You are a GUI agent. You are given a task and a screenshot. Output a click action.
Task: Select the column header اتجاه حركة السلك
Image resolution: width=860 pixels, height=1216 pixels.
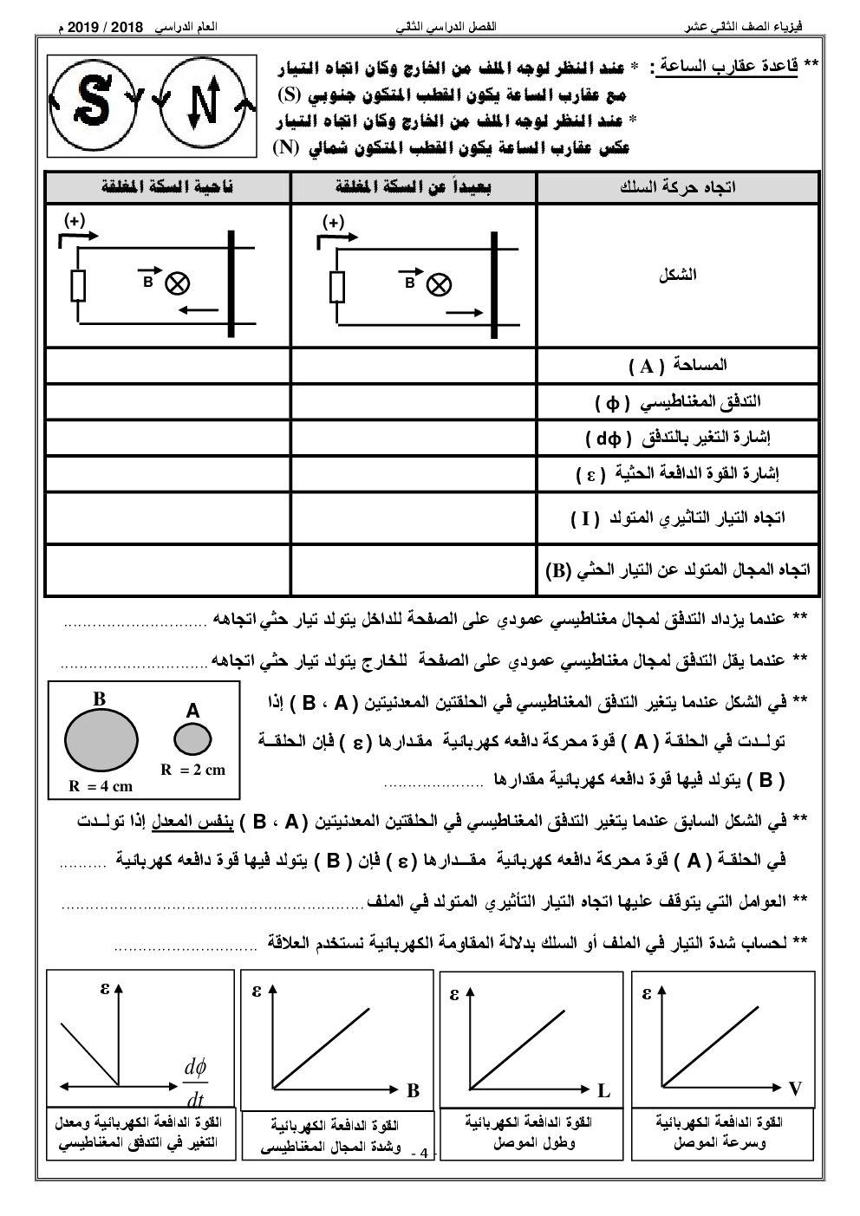coord(678,187)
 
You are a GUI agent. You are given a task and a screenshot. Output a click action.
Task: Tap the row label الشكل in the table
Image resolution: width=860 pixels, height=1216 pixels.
coord(678,275)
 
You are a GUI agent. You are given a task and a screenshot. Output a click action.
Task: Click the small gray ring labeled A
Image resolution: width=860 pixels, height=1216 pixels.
coord(192,739)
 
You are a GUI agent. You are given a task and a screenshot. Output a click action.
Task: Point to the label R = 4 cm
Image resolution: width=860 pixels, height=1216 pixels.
coord(101,786)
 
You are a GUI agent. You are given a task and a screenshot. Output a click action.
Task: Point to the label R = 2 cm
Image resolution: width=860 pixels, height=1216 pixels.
coord(192,769)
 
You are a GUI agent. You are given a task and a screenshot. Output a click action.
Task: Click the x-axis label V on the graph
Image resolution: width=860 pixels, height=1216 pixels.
coord(795,1089)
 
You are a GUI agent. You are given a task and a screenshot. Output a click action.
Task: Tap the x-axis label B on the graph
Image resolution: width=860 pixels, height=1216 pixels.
coord(414,1090)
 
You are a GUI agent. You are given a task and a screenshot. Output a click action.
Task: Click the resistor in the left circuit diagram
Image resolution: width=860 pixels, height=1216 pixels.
coord(78,285)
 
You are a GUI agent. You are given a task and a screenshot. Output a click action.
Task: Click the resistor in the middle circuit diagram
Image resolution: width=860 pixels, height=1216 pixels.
coord(337,286)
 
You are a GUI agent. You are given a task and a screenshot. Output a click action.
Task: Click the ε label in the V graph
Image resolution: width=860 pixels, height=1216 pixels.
coord(647,993)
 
